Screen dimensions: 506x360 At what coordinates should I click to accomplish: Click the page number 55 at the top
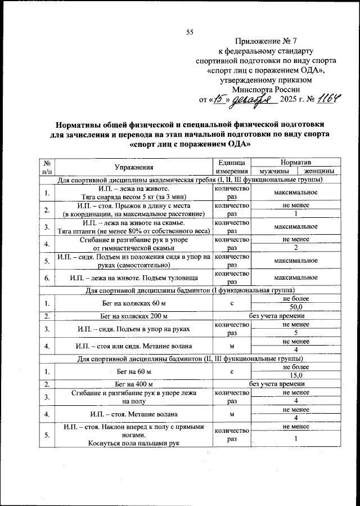click(190, 32)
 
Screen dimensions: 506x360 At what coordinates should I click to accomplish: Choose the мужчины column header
click(274, 171)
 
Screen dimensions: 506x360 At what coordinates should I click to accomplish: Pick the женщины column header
click(319, 171)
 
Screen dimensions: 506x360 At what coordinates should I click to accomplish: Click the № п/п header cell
click(47, 167)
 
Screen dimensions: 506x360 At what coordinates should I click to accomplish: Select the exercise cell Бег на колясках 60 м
click(134, 303)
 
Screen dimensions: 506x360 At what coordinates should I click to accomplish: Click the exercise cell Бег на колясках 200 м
click(134, 316)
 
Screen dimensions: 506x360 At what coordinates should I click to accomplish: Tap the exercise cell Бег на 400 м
click(134, 384)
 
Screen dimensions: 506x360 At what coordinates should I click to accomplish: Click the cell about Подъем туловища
click(134, 277)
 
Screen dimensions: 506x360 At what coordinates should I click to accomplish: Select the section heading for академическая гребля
click(191, 180)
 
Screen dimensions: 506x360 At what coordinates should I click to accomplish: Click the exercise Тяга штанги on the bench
click(134, 227)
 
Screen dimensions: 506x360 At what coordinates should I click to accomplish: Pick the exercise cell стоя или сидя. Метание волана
click(134, 345)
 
